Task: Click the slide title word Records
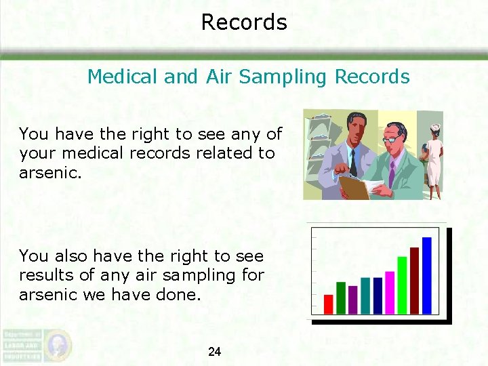point(244,22)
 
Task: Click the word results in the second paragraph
point(44,276)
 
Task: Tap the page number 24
point(214,352)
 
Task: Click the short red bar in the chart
point(329,304)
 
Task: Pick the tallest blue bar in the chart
point(426,275)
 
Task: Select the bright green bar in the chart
point(402,285)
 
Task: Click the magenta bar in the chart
point(390,292)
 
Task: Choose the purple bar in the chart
point(353,300)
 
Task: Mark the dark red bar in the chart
point(414,280)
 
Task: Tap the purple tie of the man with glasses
point(391,174)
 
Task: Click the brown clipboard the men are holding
point(354,186)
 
